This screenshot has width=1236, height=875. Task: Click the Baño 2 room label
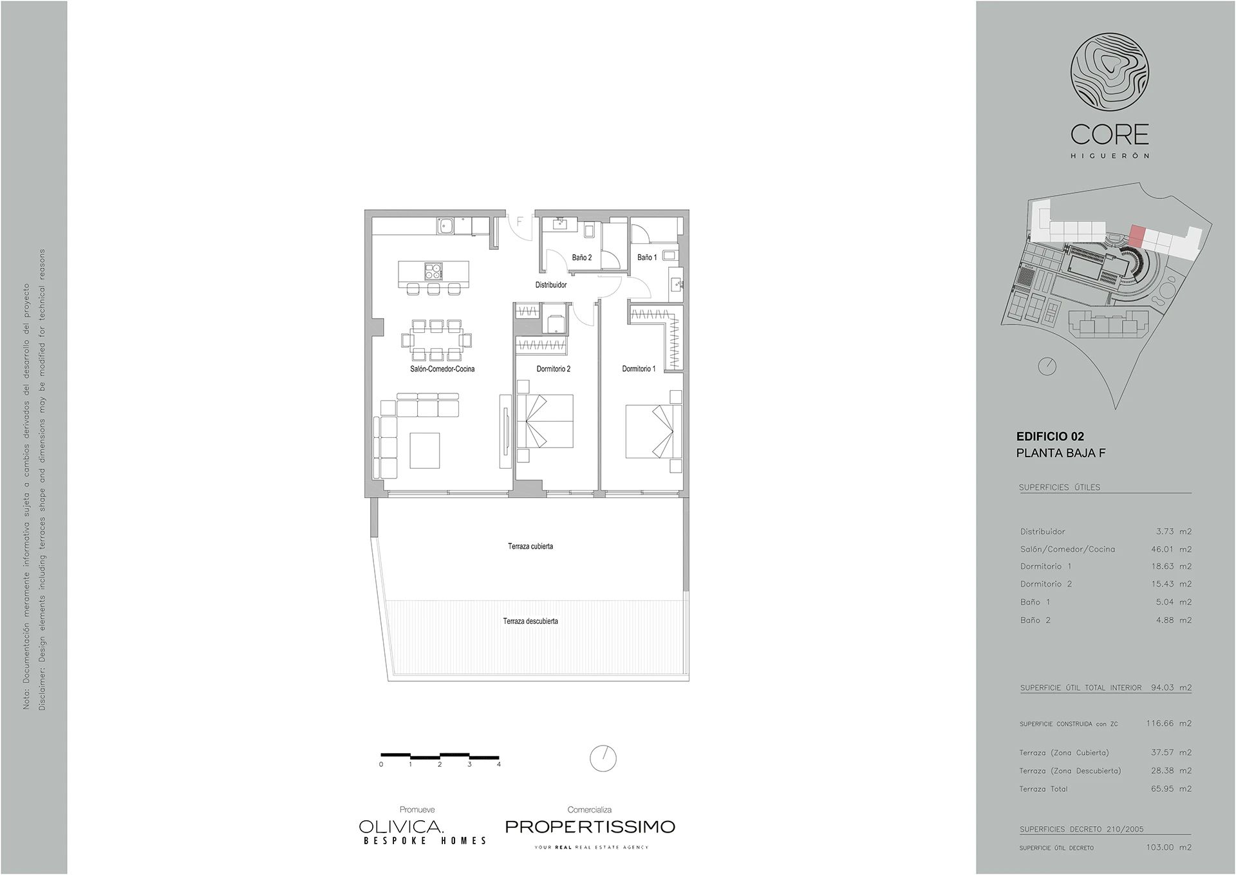pyautogui.click(x=581, y=258)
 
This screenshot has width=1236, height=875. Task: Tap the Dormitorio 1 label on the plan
pyautogui.click(x=639, y=369)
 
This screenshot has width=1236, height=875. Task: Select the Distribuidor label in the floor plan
pyautogui.click(x=551, y=285)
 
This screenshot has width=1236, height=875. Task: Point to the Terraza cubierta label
pyautogui.click(x=530, y=547)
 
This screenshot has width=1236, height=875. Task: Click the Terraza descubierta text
pyautogui.click(x=530, y=621)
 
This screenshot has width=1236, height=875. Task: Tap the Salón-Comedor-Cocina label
pyautogui.click(x=442, y=369)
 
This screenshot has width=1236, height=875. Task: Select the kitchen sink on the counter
pyautogui.click(x=445, y=225)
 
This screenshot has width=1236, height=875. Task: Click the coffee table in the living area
pyautogui.click(x=425, y=451)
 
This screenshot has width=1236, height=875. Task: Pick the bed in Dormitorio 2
pyautogui.click(x=545, y=422)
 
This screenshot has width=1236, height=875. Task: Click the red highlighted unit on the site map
pyautogui.click(x=1137, y=236)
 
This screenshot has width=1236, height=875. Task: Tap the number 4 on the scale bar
pyautogui.click(x=499, y=765)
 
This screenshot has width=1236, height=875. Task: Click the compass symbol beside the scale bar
pyautogui.click(x=603, y=758)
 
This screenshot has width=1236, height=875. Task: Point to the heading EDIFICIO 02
pyautogui.click(x=1050, y=437)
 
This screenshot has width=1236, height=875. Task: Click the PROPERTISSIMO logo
pyautogui.click(x=590, y=827)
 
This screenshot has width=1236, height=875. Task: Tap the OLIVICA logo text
pyautogui.click(x=401, y=827)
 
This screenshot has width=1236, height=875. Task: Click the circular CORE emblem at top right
pyautogui.click(x=1110, y=75)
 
